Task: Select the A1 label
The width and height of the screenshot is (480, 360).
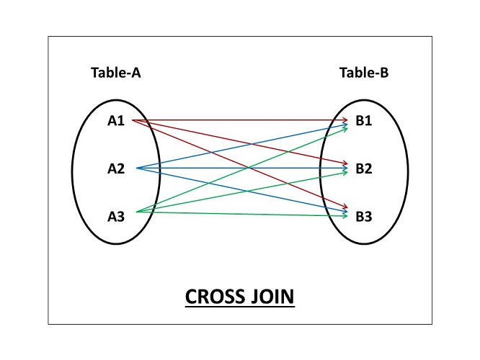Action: pos(116,121)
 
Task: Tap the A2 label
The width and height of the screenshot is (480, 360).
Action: pos(116,169)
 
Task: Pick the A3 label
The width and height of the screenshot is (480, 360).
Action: pos(116,215)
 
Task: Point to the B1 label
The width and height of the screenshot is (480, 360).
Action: pos(363,121)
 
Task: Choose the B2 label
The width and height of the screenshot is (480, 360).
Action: pos(363,169)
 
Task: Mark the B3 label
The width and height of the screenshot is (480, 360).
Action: pos(363,217)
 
